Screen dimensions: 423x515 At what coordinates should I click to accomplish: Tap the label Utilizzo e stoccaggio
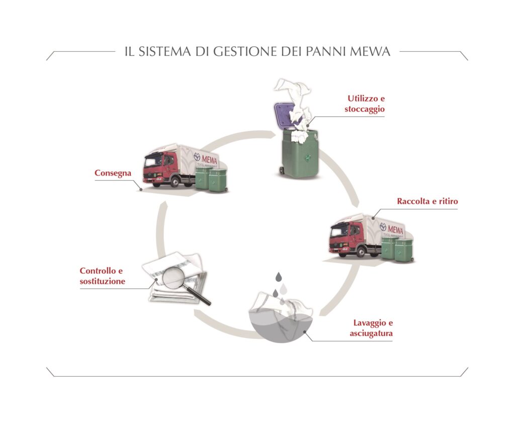click(365, 103)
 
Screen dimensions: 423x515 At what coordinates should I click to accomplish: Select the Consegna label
click(113, 173)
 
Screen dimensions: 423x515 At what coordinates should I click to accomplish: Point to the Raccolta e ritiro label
click(427, 202)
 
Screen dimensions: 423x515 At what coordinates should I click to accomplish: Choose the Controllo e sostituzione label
click(102, 276)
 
